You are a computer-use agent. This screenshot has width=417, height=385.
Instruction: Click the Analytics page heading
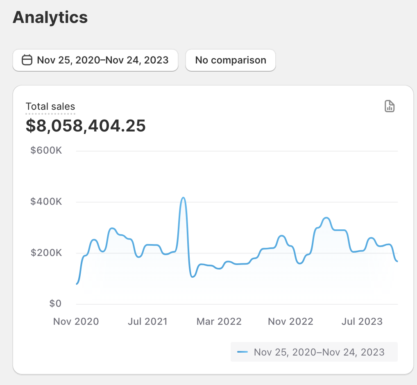click(50, 18)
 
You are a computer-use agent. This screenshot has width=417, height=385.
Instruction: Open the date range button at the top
click(95, 60)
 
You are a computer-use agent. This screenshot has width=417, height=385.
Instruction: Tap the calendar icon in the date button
click(27, 60)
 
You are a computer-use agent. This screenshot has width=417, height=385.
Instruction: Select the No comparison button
click(231, 60)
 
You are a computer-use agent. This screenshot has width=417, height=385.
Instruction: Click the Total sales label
click(50, 107)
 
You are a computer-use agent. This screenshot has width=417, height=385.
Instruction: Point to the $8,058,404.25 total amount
click(86, 126)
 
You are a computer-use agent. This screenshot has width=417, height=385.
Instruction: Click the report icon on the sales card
click(390, 106)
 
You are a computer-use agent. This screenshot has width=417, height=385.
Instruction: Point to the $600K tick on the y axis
click(46, 150)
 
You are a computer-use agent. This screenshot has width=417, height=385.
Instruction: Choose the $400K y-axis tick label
click(46, 202)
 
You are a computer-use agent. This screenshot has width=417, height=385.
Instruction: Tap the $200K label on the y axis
click(46, 253)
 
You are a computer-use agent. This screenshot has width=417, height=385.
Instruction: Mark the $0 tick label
click(55, 303)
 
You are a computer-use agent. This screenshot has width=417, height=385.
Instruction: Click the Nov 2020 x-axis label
click(76, 322)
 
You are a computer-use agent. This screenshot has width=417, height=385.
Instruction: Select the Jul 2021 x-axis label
click(147, 322)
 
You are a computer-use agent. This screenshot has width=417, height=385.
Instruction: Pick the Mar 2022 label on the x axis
click(219, 322)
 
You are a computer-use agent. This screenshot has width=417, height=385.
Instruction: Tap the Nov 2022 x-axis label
click(290, 322)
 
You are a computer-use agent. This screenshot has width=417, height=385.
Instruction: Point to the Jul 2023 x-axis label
click(362, 322)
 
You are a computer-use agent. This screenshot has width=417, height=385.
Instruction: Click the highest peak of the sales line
click(183, 198)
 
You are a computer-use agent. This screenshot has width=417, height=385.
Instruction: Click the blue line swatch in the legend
click(243, 352)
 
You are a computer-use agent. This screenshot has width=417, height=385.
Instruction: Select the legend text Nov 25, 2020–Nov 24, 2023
click(319, 352)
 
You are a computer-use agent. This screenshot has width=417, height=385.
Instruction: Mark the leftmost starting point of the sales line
click(77, 284)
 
